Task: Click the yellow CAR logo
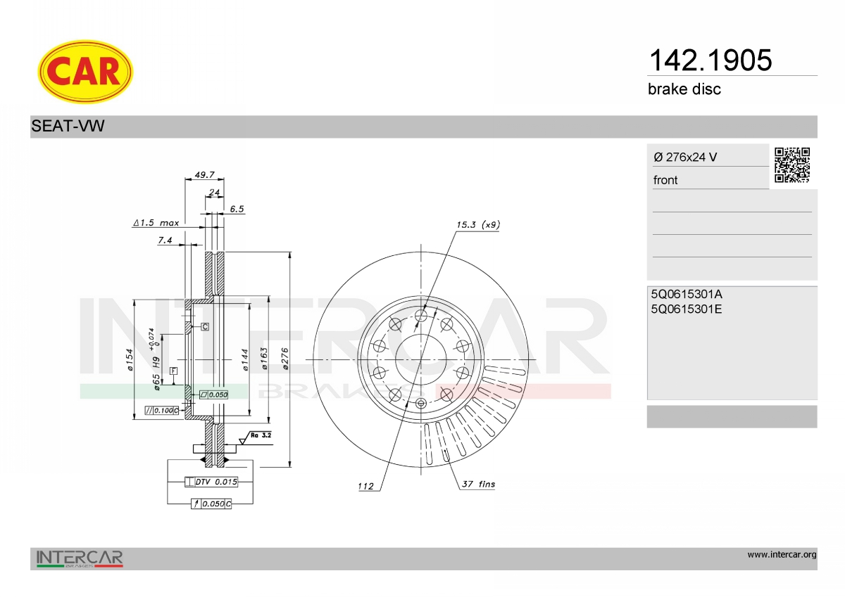85,72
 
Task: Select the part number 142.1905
711,60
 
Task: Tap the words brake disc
684,89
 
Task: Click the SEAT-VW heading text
68,126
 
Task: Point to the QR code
792,165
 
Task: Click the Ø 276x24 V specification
685,157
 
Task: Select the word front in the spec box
665,180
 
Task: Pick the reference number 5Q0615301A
687,294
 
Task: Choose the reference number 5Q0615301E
686,309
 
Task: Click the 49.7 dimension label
204,175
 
